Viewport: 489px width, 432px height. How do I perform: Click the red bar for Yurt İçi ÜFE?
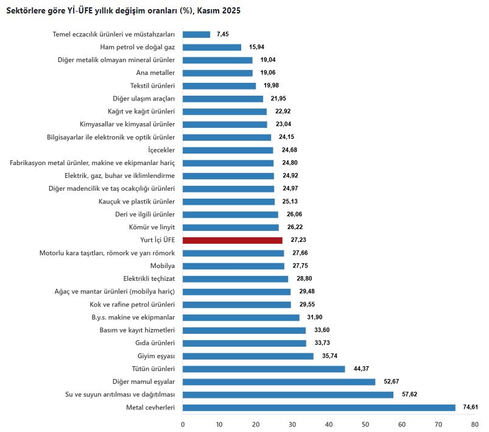click(x=232, y=240)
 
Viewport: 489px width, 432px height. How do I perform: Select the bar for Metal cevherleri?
click(x=318, y=408)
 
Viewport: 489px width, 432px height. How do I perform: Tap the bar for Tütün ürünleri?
click(x=264, y=369)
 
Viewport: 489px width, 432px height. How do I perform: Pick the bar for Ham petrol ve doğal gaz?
click(x=212, y=48)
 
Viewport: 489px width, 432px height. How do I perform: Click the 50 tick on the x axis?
click(x=365, y=424)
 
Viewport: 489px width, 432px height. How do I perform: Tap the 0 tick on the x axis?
click(x=183, y=424)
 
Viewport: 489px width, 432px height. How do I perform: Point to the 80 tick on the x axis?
click(x=474, y=424)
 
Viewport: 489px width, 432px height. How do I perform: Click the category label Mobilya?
click(x=163, y=266)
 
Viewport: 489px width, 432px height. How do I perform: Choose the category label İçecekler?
click(x=161, y=150)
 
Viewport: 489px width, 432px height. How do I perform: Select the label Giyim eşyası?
click(x=157, y=356)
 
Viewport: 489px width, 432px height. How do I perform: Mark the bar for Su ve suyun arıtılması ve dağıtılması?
click(x=288, y=395)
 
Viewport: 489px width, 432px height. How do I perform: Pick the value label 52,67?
click(x=392, y=382)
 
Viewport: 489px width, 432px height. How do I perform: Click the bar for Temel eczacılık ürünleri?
click(x=196, y=35)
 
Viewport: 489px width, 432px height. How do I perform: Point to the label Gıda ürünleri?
click(x=155, y=344)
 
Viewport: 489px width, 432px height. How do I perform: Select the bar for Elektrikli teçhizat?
click(x=235, y=279)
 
